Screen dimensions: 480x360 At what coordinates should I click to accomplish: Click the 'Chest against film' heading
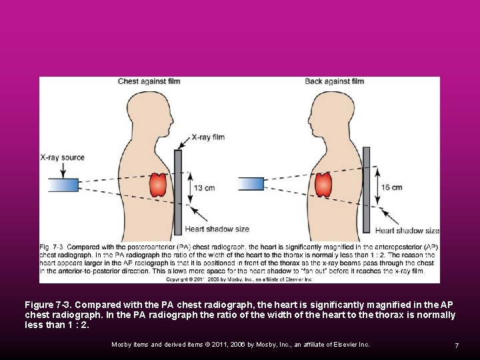tap(149, 81)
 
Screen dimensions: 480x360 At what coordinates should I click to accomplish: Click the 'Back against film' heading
tap(334, 81)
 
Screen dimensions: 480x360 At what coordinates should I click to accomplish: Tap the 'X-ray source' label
tap(63, 158)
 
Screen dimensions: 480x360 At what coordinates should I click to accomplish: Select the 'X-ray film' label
tap(208, 137)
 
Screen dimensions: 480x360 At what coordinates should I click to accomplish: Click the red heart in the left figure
tap(159, 185)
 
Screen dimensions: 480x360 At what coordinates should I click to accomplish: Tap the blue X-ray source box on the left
tap(64, 185)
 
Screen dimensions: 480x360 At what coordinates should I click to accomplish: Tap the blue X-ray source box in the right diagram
tap(251, 183)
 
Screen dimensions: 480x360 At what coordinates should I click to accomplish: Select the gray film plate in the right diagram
tap(366, 189)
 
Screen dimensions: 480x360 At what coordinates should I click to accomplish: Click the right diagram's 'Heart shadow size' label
tap(407, 231)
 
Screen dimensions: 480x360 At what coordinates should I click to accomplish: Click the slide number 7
tap(457, 345)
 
